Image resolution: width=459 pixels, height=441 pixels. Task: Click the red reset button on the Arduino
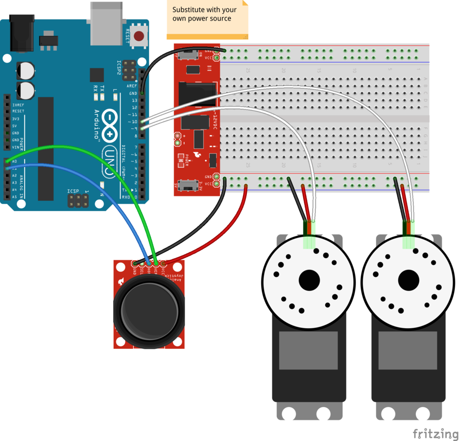(x=140, y=36)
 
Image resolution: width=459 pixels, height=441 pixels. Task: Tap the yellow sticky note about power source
(x=207, y=19)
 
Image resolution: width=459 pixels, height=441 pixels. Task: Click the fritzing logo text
(x=435, y=434)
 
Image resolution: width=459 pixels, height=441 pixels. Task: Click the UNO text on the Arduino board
(x=109, y=162)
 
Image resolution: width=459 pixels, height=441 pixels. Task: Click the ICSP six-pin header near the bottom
(x=78, y=200)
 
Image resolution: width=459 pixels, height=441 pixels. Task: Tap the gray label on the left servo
(x=308, y=350)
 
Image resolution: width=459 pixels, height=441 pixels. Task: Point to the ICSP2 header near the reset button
(x=130, y=71)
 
